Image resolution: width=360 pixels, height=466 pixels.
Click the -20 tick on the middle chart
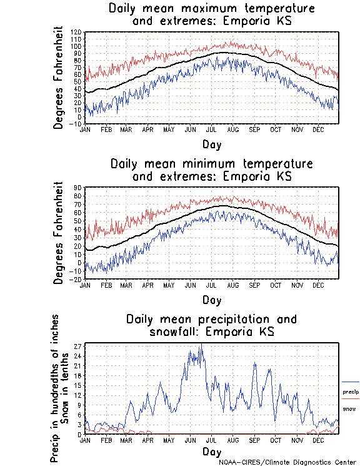(77, 279)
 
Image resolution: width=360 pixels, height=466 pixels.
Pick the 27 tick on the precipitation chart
(79, 346)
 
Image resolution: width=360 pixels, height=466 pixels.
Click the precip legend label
(351, 392)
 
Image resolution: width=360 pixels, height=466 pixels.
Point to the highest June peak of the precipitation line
(201, 344)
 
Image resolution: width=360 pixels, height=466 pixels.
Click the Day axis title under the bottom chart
(211, 451)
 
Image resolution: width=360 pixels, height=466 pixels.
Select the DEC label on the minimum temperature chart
(318, 285)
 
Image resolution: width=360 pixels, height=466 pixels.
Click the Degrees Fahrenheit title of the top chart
(59, 78)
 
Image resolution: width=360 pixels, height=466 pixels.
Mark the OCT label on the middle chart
(276, 285)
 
